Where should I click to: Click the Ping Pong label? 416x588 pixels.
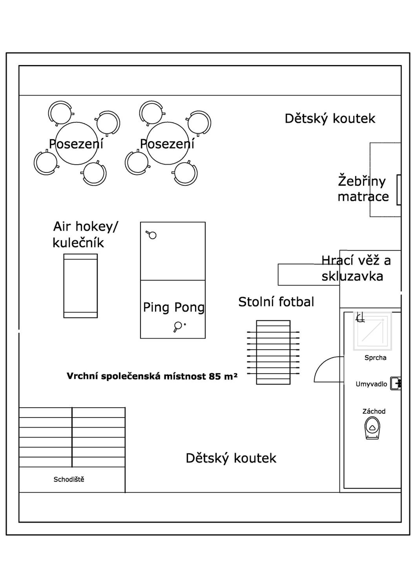tap(174, 308)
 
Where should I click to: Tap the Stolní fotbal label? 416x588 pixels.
tap(276, 302)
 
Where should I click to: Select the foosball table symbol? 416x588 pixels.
tap(273, 352)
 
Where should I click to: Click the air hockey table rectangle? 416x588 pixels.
tap(80, 286)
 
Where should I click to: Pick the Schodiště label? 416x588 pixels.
tap(69, 479)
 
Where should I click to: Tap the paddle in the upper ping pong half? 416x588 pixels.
tap(151, 235)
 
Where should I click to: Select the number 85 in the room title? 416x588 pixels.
tap(214, 376)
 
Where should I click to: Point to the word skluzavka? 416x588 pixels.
tap(352, 276)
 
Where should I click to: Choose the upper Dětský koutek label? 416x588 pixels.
tap(330, 119)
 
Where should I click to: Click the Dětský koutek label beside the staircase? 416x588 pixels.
tap(231, 458)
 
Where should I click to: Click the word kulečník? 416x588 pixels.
tap(78, 242)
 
